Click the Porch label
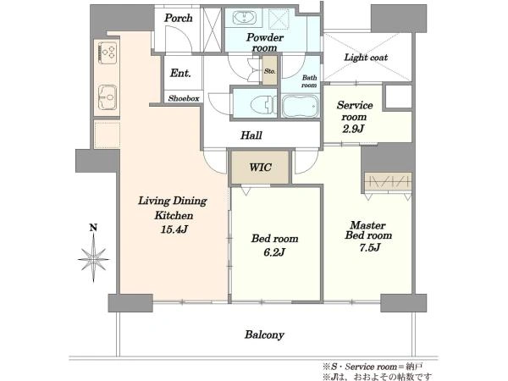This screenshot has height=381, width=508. [x=178, y=18]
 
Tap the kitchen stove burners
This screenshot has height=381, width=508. [x=107, y=52]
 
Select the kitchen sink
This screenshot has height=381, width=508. [x=108, y=97]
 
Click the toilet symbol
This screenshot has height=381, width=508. [x=263, y=104]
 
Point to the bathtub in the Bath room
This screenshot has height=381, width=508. [x=301, y=106]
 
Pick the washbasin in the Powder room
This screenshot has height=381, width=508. [x=244, y=17]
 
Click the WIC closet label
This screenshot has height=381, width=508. [x=261, y=167]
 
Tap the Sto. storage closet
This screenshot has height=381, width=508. [x=269, y=70]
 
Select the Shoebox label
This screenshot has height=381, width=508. [x=184, y=98]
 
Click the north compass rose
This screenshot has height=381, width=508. [x=94, y=259]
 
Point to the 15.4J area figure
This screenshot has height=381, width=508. [x=174, y=229]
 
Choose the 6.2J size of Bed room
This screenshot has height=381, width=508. [x=274, y=252]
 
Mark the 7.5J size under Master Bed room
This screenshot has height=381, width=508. [x=369, y=248]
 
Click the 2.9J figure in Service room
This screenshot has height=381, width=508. [x=353, y=129]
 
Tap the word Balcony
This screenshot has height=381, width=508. [x=264, y=334]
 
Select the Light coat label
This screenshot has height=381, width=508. [x=366, y=58]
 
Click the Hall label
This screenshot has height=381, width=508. [x=251, y=135]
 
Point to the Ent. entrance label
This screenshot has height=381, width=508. [x=180, y=73]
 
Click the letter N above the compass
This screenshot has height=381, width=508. [x=93, y=228]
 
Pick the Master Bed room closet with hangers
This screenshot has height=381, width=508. [x=388, y=182]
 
